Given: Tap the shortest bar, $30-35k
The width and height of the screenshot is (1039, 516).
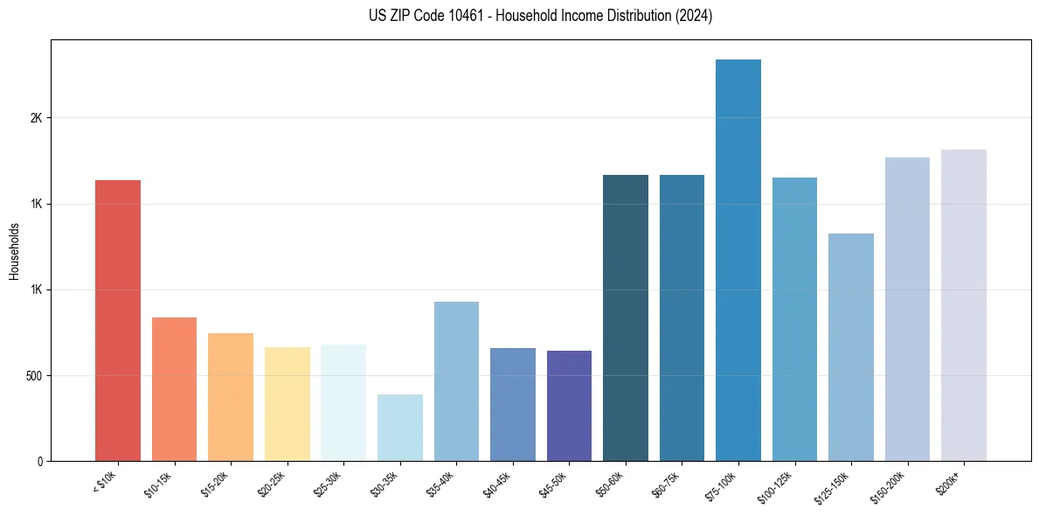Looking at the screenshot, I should pyautogui.click(x=399, y=428).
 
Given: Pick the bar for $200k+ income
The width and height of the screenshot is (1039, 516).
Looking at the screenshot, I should pyautogui.click(x=963, y=305).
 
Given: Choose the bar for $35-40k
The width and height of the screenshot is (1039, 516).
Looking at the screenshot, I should pyautogui.click(x=456, y=381).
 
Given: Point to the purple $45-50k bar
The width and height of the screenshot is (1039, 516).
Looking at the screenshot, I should pyautogui.click(x=569, y=406).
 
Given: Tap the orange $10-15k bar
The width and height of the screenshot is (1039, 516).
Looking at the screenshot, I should pyautogui.click(x=174, y=389).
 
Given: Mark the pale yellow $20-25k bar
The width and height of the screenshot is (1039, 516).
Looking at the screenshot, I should pyautogui.click(x=287, y=404).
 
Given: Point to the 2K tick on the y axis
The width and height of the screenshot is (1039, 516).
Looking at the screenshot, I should pyautogui.click(x=36, y=118).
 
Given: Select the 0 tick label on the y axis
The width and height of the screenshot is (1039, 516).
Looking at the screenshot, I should pyautogui.click(x=38, y=462).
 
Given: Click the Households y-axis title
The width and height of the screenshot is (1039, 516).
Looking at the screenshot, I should pyautogui.click(x=14, y=251).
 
